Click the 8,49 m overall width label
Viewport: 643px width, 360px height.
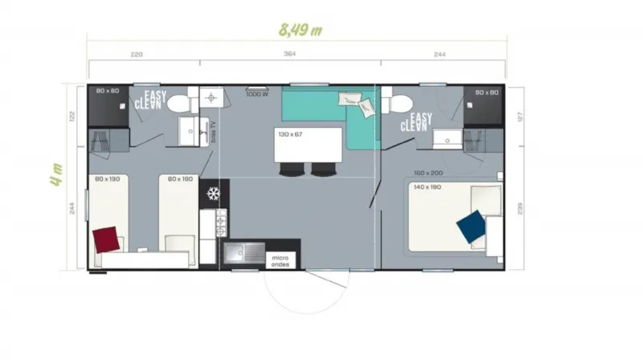[x=300, y=31]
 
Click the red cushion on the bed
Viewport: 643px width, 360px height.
[x=108, y=239]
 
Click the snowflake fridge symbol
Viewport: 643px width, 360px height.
[x=214, y=194]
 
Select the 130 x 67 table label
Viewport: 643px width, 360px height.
[x=292, y=134]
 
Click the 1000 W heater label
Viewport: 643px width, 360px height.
[x=256, y=94]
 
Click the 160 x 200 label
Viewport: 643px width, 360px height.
[x=428, y=174]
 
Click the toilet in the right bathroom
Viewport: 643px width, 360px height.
[x=399, y=102]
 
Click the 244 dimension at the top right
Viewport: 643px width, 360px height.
[x=440, y=55]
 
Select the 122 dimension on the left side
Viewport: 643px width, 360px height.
[x=72, y=115]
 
